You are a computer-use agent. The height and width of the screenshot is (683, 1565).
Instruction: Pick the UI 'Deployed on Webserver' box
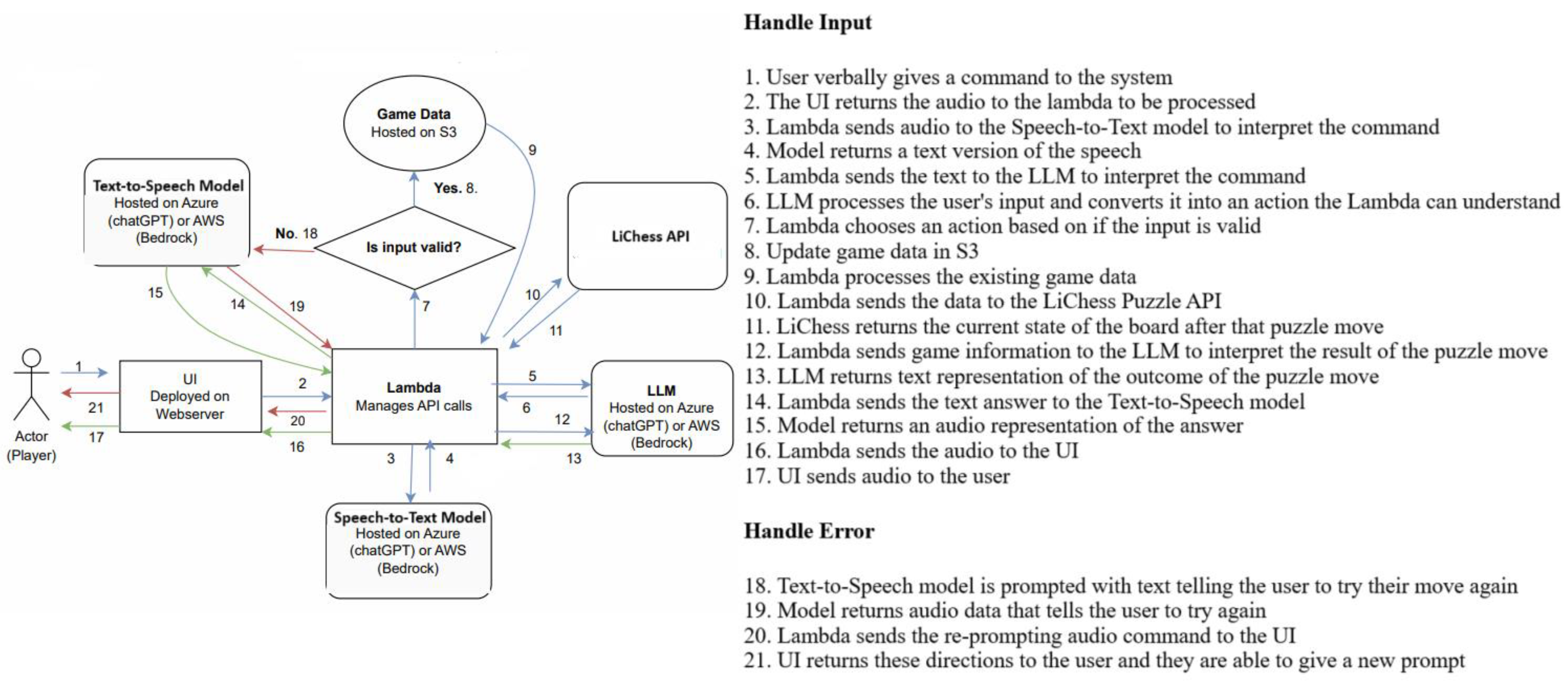190,396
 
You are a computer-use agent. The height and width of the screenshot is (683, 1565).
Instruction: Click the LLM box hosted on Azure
661,408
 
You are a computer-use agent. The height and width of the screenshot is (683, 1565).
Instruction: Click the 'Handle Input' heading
807,23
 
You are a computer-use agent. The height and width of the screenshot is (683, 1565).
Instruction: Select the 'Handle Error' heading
809,531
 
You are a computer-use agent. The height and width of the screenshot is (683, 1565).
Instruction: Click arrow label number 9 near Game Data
532,150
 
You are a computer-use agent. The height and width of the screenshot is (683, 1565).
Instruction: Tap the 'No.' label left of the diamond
286,234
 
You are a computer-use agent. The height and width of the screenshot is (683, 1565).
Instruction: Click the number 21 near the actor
95,408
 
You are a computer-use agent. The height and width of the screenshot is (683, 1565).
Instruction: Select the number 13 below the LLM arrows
573,459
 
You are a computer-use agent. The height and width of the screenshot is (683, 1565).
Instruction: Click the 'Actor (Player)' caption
31,445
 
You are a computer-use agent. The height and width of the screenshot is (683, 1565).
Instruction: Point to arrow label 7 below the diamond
426,306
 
